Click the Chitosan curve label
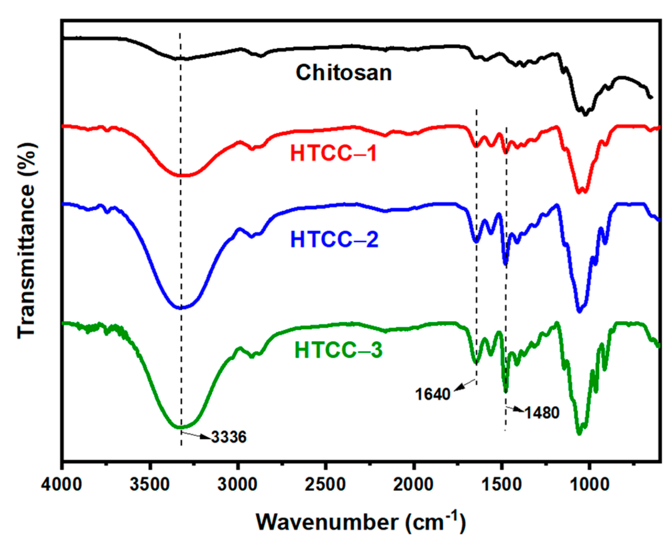(x=344, y=73)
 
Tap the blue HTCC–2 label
(x=334, y=239)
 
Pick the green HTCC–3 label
(x=338, y=350)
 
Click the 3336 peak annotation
(x=229, y=437)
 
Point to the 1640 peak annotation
(x=433, y=394)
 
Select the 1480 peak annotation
(x=542, y=413)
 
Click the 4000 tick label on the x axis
(x=62, y=484)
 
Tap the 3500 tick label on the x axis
(x=150, y=484)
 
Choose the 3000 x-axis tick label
(x=238, y=484)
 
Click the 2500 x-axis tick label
(x=325, y=484)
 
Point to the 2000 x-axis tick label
(x=414, y=484)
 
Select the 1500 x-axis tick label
(x=501, y=484)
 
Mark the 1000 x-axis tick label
(x=589, y=484)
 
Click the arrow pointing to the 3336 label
(x=196, y=435)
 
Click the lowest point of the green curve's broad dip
(x=180, y=427)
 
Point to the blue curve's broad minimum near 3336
(x=180, y=308)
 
